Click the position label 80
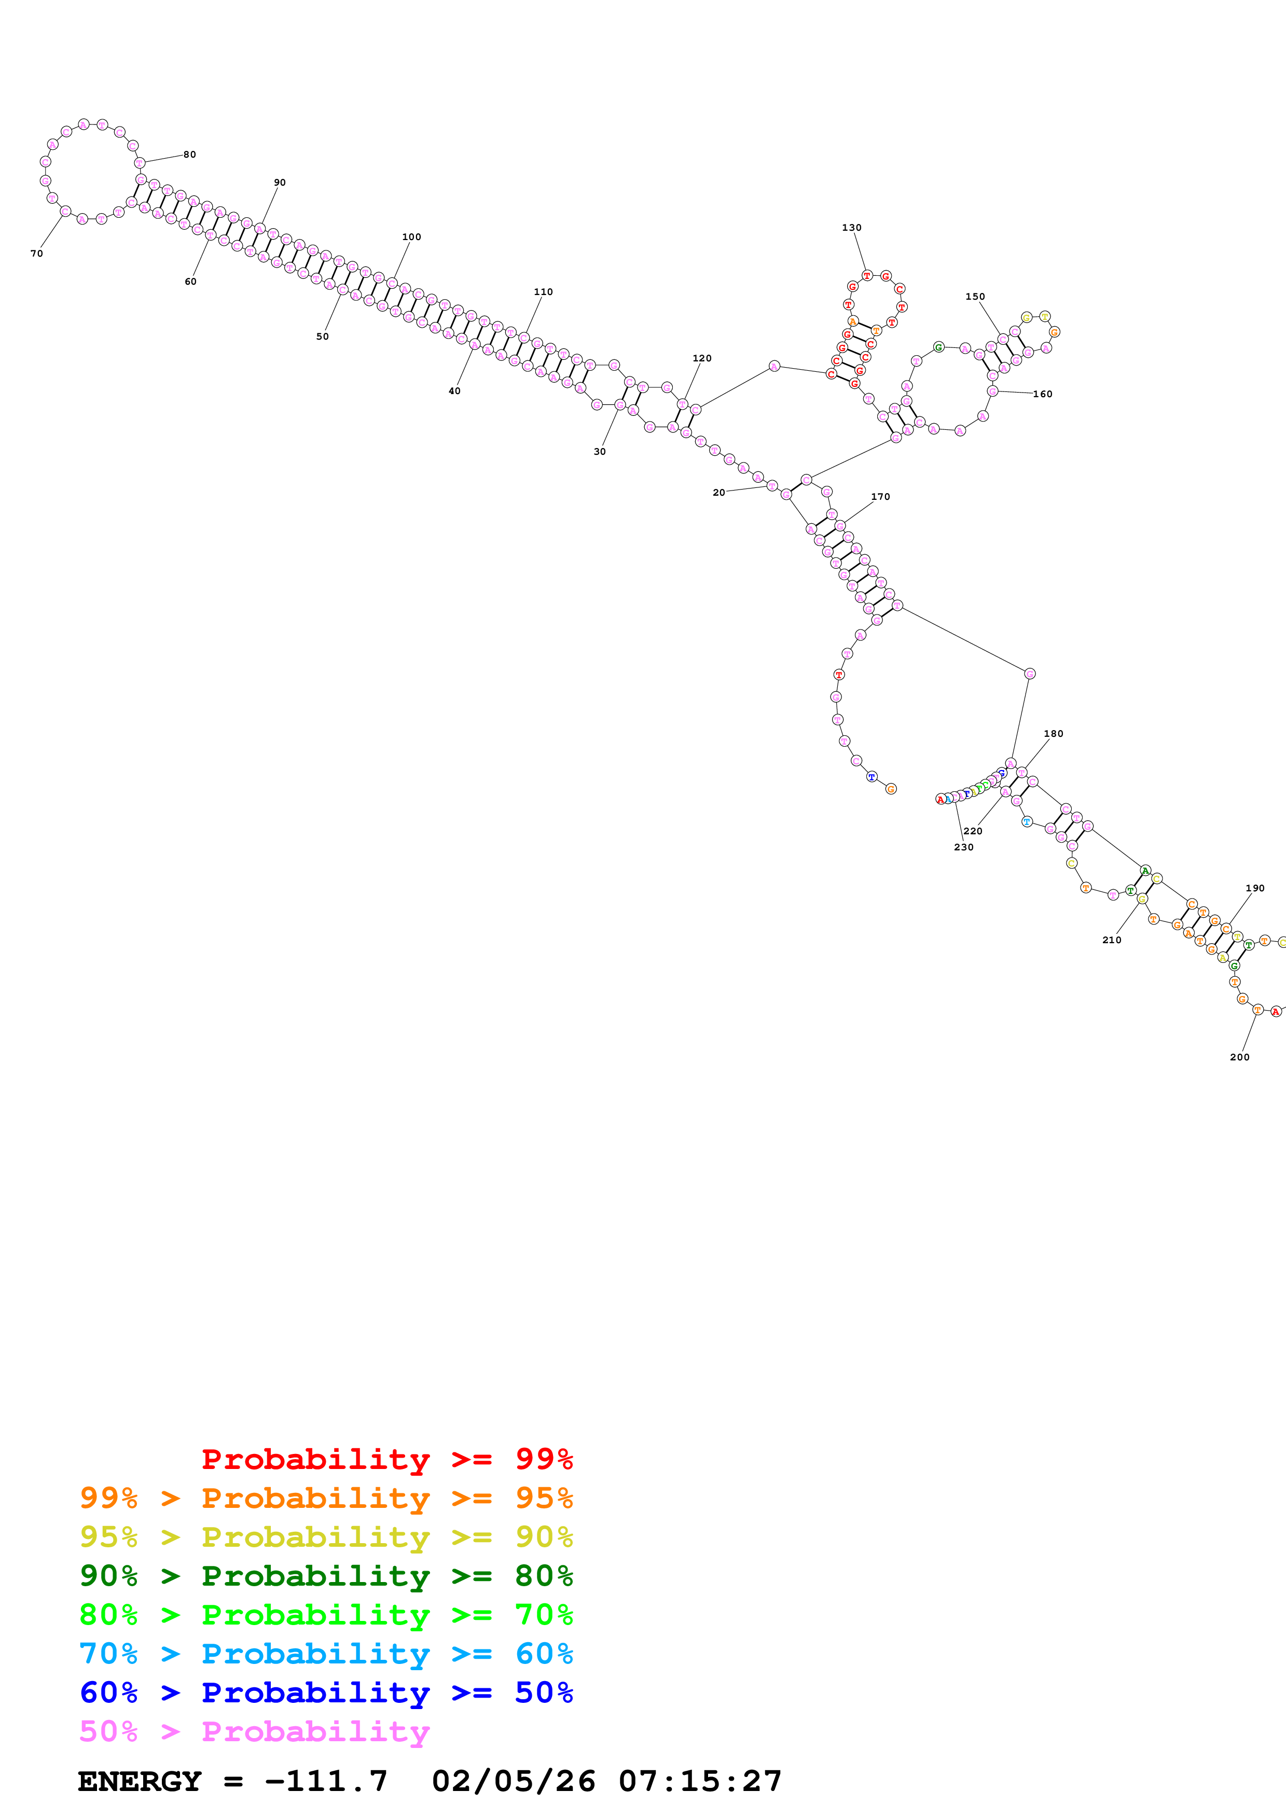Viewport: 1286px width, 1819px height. pos(189,155)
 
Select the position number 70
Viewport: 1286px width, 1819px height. pos(36,254)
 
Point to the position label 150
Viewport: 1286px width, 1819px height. pos(975,296)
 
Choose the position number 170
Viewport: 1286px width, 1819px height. pos(880,497)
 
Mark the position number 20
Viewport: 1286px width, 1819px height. pos(718,492)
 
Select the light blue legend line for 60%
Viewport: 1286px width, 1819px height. pos(326,1654)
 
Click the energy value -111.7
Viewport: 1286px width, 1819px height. pos(326,1781)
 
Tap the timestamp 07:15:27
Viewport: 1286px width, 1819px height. pos(700,1781)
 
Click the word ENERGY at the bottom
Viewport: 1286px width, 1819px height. pos(140,1781)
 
